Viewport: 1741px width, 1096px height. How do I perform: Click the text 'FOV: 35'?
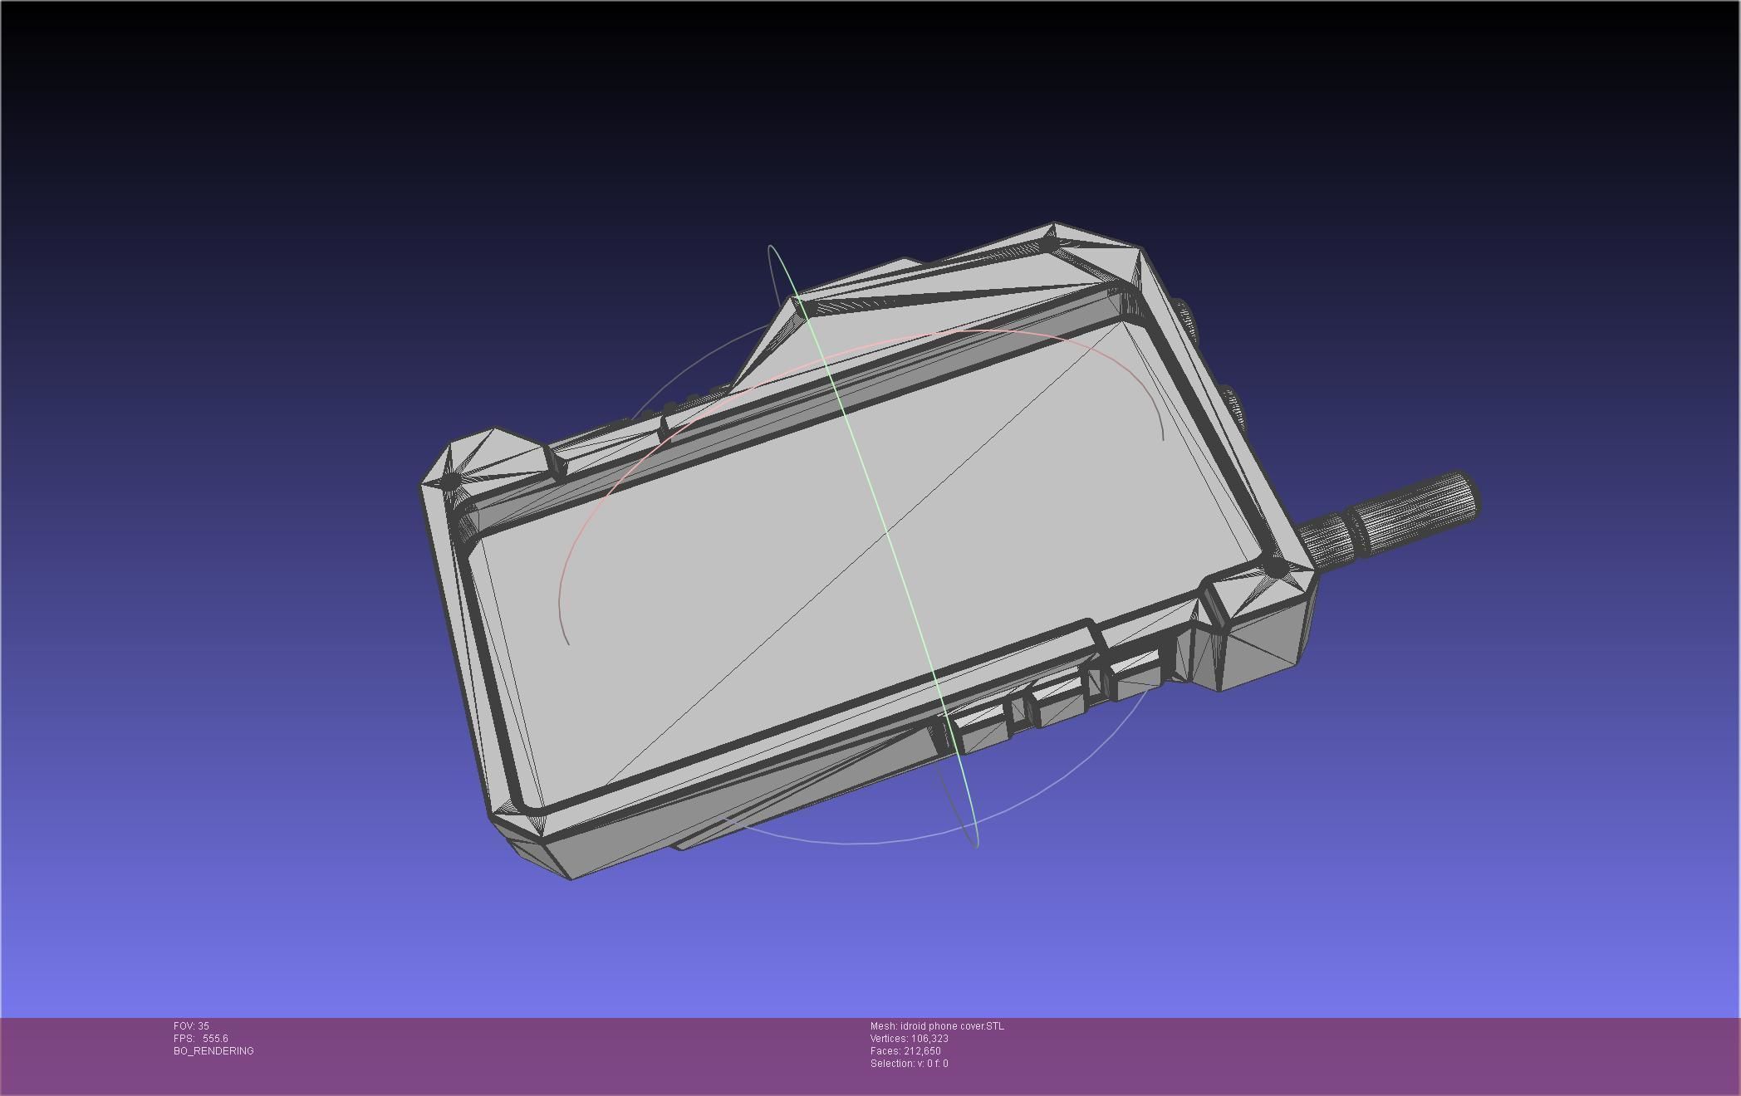click(191, 1026)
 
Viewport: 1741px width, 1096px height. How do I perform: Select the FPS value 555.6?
click(214, 1039)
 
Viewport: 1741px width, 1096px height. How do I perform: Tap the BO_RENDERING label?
click(213, 1051)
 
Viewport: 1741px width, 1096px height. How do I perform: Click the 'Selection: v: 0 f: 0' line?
click(909, 1064)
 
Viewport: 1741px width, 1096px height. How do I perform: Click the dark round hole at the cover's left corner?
click(449, 481)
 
